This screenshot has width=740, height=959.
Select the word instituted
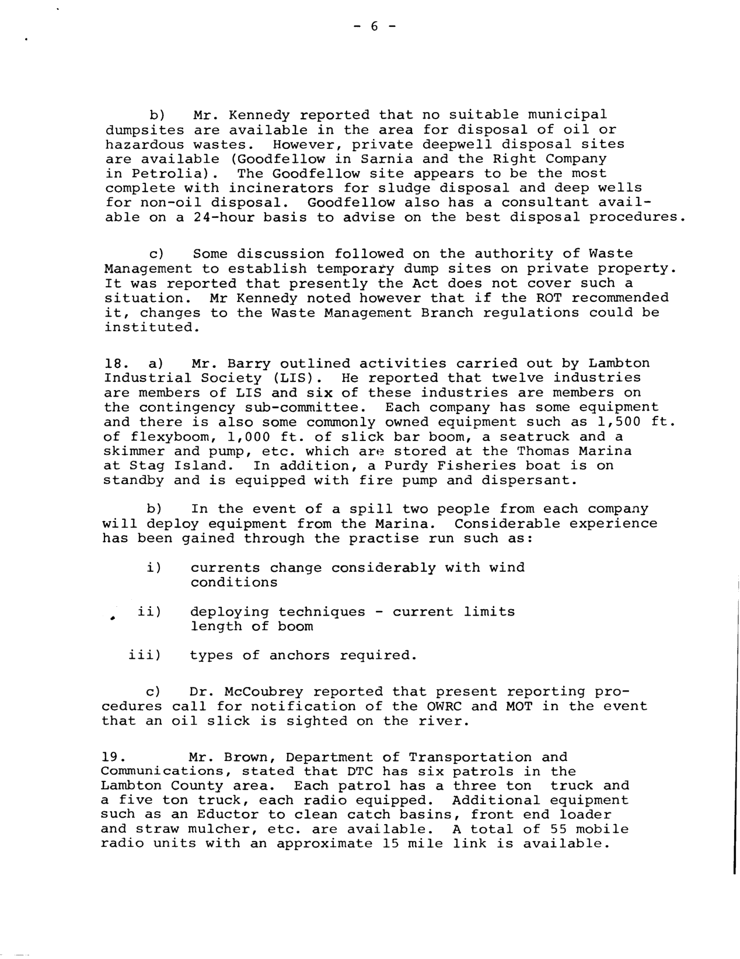[148, 327]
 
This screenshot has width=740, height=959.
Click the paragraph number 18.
[113, 363]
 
